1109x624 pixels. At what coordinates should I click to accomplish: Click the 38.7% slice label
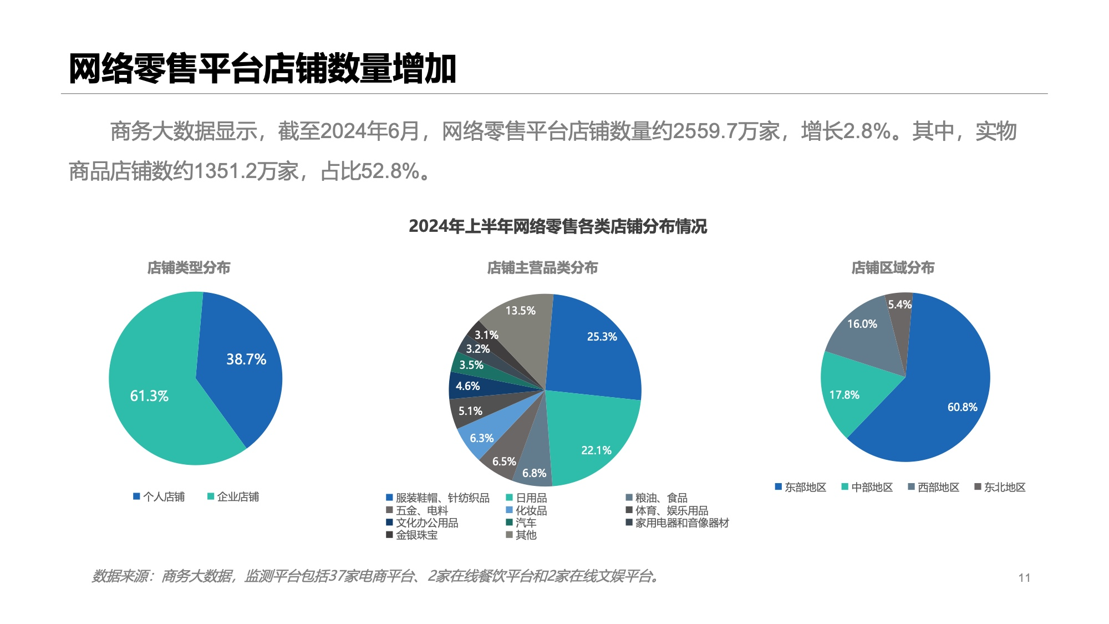point(246,359)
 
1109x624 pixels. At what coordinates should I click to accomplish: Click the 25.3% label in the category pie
point(602,337)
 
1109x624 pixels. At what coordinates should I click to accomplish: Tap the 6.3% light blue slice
point(481,438)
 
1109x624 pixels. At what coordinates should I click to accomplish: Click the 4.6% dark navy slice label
point(467,386)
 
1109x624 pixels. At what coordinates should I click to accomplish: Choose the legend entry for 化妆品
point(526,510)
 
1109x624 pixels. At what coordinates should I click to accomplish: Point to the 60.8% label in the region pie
point(962,407)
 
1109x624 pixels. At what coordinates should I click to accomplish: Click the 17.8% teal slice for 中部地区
point(844,395)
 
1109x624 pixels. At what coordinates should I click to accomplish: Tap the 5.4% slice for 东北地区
point(899,305)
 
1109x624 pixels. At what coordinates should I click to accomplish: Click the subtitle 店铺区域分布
point(893,268)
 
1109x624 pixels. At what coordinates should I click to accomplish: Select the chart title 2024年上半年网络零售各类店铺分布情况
point(558,226)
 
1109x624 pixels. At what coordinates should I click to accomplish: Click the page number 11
point(1024,578)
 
